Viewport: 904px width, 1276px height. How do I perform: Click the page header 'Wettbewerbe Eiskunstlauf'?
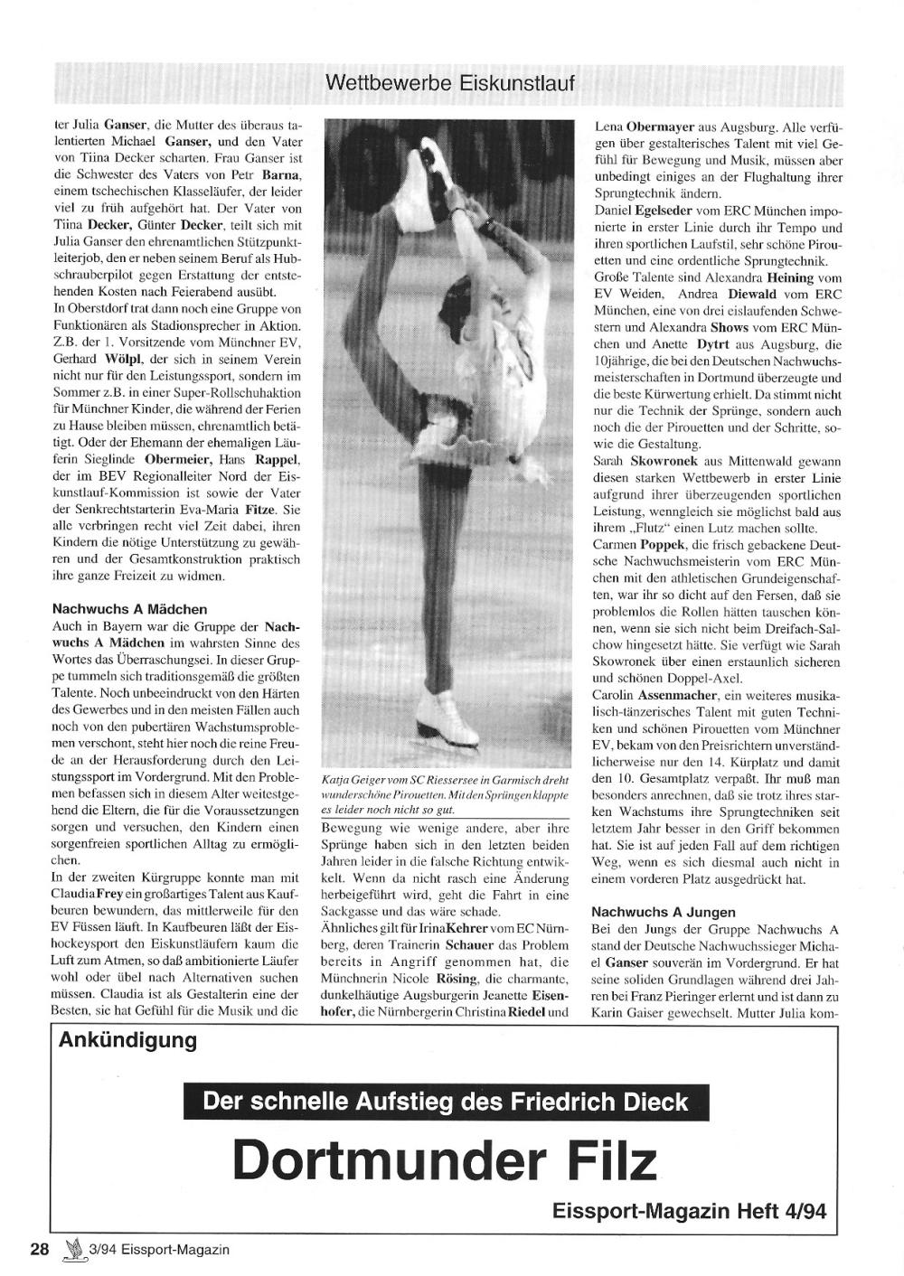pyautogui.click(x=449, y=85)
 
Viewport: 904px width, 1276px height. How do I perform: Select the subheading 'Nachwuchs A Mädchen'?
pyautogui.click(x=129, y=609)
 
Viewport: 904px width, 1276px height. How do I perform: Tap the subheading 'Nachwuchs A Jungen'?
pyautogui.click(x=663, y=912)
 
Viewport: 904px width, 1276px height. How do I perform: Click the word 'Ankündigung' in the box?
pyautogui.click(x=127, y=1040)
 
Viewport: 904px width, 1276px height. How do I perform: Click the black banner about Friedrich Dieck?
pyautogui.click(x=447, y=1102)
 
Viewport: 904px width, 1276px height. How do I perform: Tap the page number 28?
pyautogui.click(x=39, y=1250)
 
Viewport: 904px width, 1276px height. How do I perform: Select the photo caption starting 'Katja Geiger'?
pyautogui.click(x=444, y=794)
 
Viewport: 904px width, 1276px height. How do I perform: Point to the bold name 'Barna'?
pyautogui.click(x=280, y=174)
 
